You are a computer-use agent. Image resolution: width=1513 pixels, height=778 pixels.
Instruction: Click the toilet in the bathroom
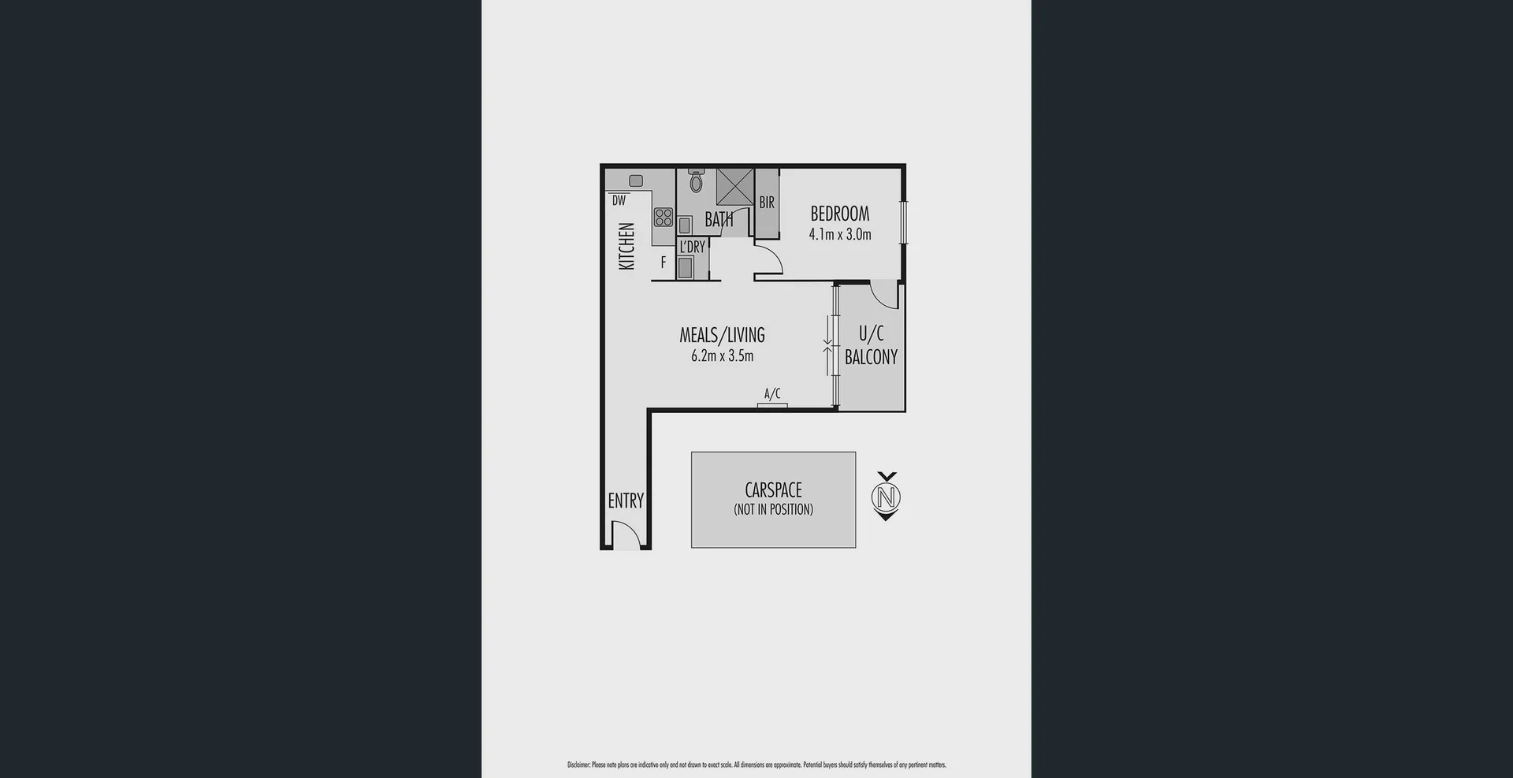[696, 182]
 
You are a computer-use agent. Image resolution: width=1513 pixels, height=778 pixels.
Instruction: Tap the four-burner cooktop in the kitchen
[664, 216]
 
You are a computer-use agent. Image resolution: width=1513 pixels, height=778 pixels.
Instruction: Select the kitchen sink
[636, 181]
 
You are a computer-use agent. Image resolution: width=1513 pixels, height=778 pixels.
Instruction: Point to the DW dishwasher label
[619, 201]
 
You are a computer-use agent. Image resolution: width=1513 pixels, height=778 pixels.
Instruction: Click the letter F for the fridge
[664, 262]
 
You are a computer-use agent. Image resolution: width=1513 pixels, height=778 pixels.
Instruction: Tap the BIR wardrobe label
[767, 203]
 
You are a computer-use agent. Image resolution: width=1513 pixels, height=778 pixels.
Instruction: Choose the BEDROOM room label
[840, 214]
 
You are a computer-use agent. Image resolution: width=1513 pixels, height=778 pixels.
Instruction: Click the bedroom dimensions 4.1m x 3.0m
[840, 234]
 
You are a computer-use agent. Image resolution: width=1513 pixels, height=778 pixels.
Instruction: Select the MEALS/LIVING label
[722, 335]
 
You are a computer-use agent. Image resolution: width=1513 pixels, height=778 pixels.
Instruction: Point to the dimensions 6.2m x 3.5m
[722, 355]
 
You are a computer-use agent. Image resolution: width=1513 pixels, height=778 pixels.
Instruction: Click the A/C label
[772, 393]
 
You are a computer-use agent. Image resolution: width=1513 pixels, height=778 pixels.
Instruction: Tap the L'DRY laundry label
[693, 247]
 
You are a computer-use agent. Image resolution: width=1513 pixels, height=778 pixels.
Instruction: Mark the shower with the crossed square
[734, 187]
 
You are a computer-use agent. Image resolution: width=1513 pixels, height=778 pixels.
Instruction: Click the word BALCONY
[871, 357]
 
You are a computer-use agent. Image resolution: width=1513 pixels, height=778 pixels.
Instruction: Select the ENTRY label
[626, 501]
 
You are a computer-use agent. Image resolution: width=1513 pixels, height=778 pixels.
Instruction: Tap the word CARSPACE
[773, 490]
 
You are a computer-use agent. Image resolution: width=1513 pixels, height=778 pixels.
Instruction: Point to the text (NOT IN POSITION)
[773, 509]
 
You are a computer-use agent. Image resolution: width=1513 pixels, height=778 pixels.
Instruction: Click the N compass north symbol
[887, 497]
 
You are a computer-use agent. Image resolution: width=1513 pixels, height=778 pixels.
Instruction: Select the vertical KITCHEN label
[627, 246]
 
